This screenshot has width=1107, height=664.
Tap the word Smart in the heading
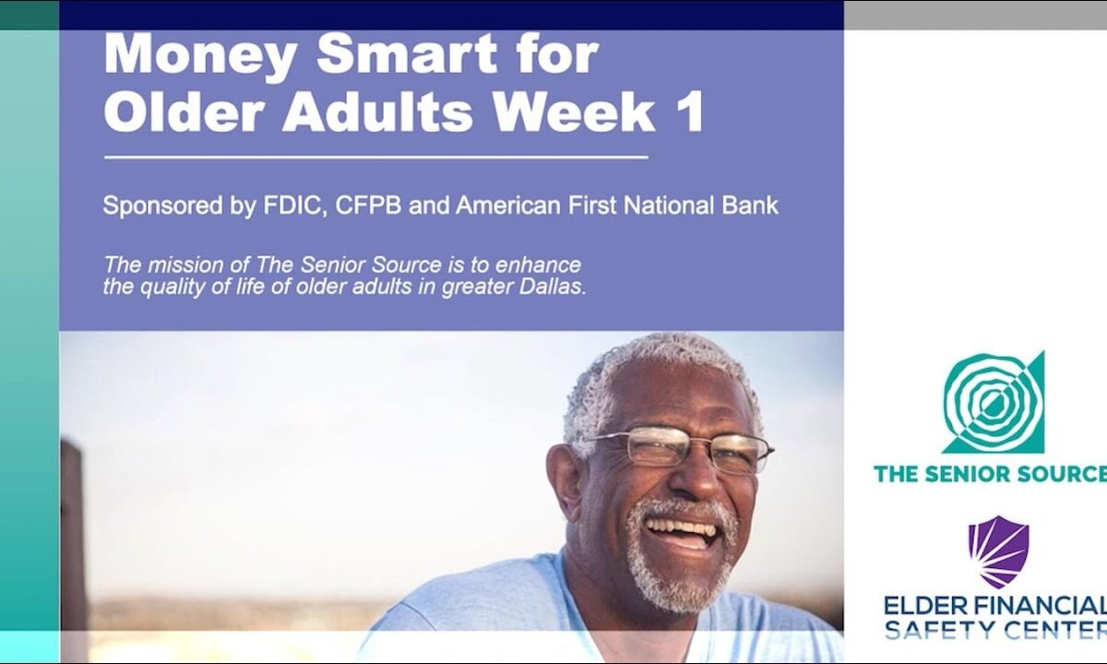(x=407, y=53)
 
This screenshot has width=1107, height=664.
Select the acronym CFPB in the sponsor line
(x=368, y=206)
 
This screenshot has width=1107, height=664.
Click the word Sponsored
(x=162, y=206)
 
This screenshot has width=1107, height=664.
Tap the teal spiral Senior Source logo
(x=994, y=402)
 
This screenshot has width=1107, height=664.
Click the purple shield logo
(x=998, y=551)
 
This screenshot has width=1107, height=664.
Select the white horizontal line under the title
(x=376, y=158)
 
